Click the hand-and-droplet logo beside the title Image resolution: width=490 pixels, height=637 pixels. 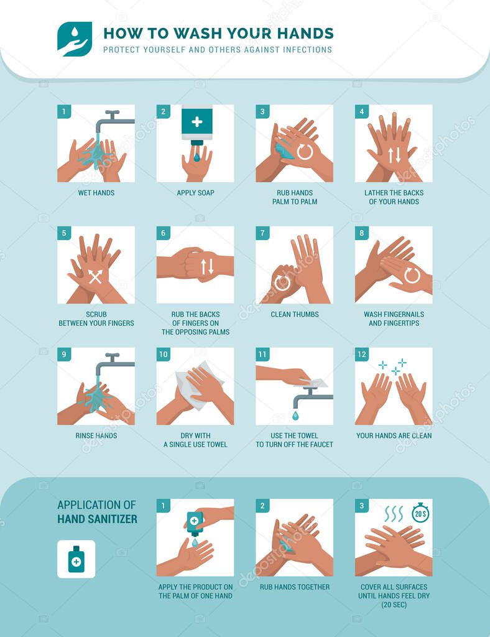click(x=75, y=39)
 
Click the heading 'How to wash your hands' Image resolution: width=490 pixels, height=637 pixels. click(x=218, y=33)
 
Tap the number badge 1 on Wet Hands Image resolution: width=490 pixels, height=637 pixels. click(x=64, y=112)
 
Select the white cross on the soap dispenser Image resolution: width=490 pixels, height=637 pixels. click(x=196, y=122)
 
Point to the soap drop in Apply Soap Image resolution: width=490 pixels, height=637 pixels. click(x=196, y=157)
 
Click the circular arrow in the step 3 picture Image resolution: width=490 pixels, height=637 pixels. click(x=305, y=152)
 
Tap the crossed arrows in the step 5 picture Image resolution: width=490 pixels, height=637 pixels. click(x=95, y=277)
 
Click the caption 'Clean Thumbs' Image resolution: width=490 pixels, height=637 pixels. click(x=295, y=314)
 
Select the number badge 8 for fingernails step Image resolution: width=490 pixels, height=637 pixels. click(x=362, y=233)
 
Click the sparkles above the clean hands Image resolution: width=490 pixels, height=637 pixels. click(x=394, y=366)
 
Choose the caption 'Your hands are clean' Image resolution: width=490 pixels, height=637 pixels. click(x=394, y=435)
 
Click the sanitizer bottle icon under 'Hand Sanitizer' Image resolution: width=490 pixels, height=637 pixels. click(x=76, y=559)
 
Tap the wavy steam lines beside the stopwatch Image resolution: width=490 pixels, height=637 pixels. click(x=394, y=514)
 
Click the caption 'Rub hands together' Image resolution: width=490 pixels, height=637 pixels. click(x=295, y=587)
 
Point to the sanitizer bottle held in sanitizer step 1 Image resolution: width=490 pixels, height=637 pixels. click(x=195, y=523)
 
